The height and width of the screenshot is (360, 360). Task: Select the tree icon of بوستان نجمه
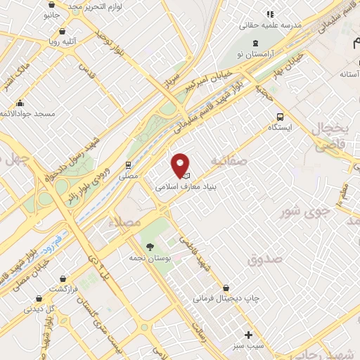click(x=150, y=246)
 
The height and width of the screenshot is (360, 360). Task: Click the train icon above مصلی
click(x=128, y=164)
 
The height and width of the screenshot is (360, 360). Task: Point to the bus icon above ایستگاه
click(x=281, y=117)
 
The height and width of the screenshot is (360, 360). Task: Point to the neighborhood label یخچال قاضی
click(x=330, y=138)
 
